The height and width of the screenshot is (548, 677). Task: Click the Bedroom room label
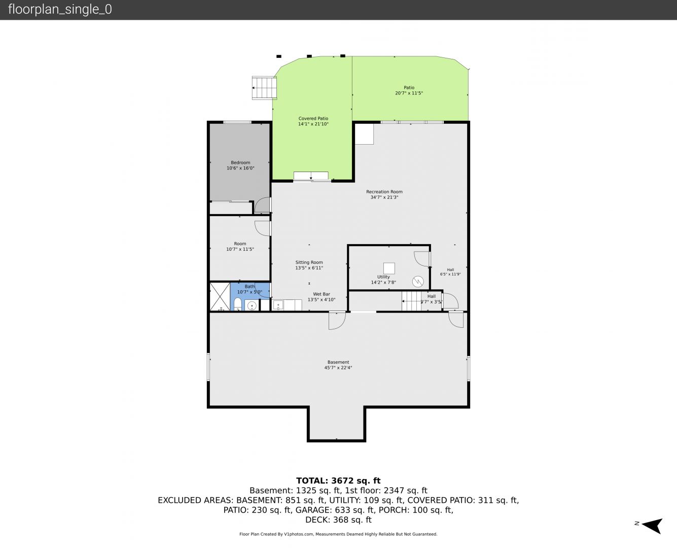click(x=240, y=162)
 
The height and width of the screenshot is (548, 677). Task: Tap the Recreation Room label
click(x=384, y=192)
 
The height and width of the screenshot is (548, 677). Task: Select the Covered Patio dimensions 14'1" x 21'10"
click(x=313, y=124)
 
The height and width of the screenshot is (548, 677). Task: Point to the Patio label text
click(x=409, y=87)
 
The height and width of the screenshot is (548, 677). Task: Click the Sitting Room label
click(x=309, y=262)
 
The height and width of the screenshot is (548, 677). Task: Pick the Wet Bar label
click(x=322, y=294)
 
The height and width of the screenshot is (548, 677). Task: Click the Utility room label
click(x=383, y=277)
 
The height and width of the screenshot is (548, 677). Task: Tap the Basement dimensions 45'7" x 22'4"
click(x=338, y=368)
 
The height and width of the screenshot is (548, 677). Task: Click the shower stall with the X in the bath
click(x=220, y=297)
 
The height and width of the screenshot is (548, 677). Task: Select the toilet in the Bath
click(x=238, y=304)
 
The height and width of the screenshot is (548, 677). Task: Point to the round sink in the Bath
click(x=252, y=306)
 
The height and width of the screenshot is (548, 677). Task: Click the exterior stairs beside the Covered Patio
click(x=264, y=88)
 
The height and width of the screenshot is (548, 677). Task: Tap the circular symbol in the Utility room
click(x=418, y=282)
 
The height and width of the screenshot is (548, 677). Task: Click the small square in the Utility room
click(x=389, y=268)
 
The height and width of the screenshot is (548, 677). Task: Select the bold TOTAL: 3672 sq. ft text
click(x=338, y=481)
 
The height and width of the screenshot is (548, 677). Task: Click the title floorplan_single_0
click(x=60, y=10)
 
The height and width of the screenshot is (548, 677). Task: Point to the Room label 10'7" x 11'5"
click(x=240, y=247)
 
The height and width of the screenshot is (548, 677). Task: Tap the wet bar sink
click(x=278, y=305)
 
